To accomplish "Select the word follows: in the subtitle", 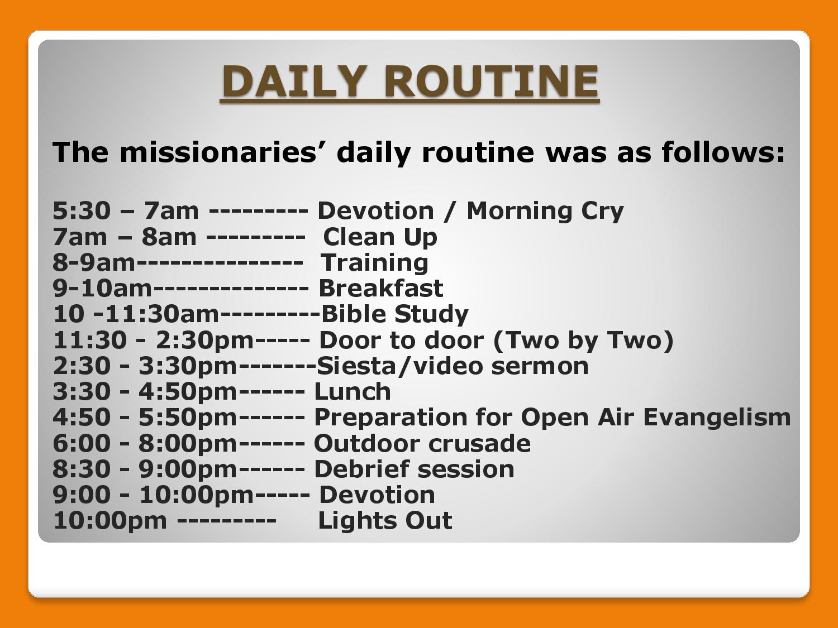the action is click(x=723, y=152).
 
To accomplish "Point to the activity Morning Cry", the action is click(x=545, y=211).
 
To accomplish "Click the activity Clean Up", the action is click(x=380, y=237).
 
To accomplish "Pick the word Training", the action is click(x=374, y=263).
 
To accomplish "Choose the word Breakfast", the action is click(x=380, y=288).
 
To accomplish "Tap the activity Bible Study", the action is click(x=395, y=315).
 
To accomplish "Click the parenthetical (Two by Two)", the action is click(x=584, y=341).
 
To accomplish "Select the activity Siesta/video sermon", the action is click(x=453, y=366).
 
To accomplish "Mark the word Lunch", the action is click(x=353, y=392).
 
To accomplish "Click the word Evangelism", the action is click(x=717, y=418).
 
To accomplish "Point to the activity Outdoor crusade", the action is click(x=422, y=443).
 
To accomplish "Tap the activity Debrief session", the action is click(x=414, y=469).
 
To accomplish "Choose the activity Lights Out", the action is click(x=385, y=521).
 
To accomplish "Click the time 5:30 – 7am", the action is click(x=126, y=211).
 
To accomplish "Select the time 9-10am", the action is click(x=102, y=288).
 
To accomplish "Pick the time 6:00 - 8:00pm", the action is click(x=145, y=443).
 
